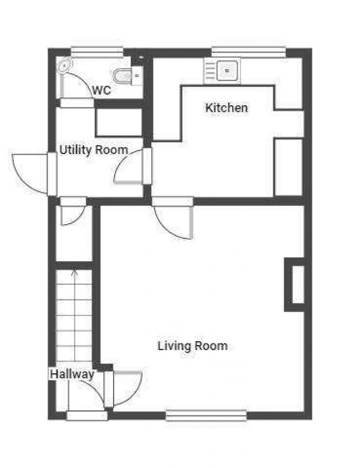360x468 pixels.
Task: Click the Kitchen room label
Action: tap(227, 108)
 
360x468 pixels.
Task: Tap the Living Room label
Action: tap(193, 346)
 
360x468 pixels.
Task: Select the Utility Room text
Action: tap(94, 150)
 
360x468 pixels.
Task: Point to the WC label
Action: tap(101, 90)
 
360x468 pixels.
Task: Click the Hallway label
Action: tap(72, 374)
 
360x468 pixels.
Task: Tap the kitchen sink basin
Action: tap(227, 71)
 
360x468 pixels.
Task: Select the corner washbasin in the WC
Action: tap(65, 65)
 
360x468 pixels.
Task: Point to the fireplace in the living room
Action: tap(294, 285)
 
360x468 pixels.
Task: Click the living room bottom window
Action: tap(206, 415)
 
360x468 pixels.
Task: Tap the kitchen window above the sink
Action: tap(249, 52)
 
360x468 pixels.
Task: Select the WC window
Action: tap(97, 52)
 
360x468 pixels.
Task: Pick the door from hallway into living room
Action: tap(127, 388)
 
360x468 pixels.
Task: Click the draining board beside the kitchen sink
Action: tap(209, 71)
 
